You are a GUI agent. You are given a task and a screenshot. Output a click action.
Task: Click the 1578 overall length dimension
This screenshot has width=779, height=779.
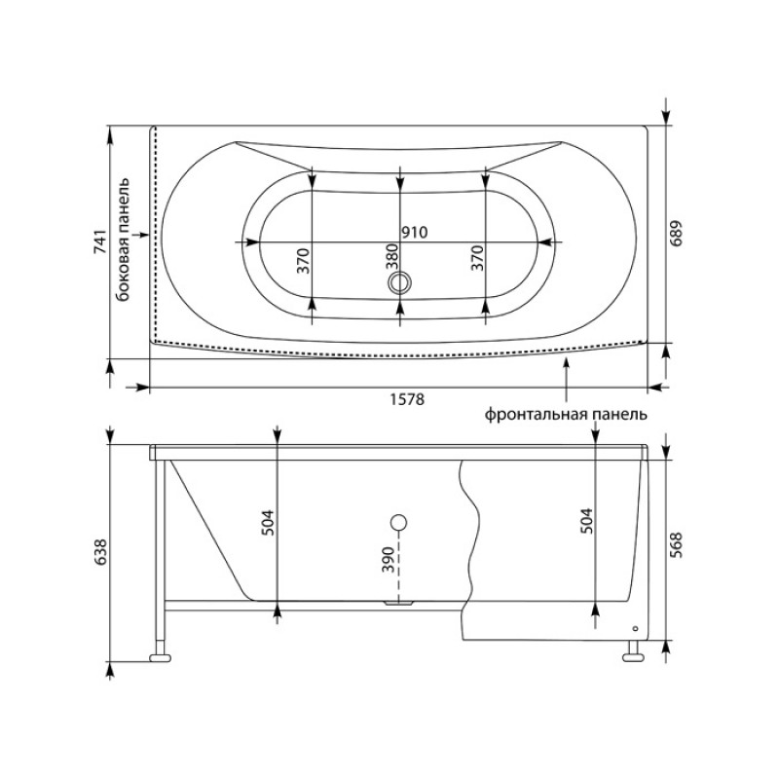point(400,400)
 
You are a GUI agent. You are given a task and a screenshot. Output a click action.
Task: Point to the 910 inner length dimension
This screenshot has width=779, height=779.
point(415,232)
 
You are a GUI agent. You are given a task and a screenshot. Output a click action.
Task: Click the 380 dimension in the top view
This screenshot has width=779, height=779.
point(391,258)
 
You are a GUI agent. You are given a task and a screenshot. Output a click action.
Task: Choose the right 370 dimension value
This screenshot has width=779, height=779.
point(477,259)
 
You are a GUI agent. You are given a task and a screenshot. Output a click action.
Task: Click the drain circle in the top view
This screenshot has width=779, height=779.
point(400,283)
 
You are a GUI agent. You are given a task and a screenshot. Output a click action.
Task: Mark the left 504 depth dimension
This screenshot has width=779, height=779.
point(269,523)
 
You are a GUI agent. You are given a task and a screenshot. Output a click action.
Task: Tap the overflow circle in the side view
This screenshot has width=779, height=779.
point(398,521)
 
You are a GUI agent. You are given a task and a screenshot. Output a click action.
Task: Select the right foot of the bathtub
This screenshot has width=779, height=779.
point(634,653)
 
